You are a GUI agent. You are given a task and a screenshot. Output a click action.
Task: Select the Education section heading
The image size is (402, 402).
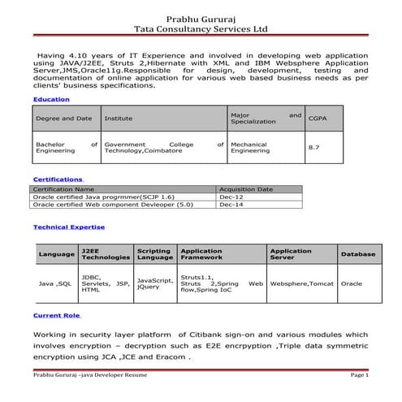coord(50,99)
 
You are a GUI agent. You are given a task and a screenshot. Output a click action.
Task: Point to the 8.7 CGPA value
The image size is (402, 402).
coord(314,147)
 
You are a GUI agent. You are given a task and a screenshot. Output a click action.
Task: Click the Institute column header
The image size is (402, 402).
coord(119,119)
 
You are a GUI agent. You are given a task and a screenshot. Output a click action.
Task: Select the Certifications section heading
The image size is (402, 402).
coord(58,179)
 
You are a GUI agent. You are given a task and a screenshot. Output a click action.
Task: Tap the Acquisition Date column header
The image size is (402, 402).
coord(246,189)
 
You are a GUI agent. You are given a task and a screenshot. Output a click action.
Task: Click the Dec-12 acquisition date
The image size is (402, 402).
coord(229,197)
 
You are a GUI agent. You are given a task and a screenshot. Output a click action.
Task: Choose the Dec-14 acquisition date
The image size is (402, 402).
coord(229,205)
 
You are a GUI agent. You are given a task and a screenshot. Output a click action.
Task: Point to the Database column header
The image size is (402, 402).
coord(358,254)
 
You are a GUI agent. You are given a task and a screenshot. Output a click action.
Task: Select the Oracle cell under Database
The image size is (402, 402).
coord(352,284)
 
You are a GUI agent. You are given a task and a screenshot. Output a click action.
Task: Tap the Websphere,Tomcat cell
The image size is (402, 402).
coord(302,284)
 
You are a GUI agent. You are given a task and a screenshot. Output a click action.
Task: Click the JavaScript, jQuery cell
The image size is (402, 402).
coord(154,283)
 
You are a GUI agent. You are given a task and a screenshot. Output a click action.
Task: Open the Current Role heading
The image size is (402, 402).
coord(56,315)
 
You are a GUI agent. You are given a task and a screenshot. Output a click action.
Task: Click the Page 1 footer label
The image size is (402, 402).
coord(360,376)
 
